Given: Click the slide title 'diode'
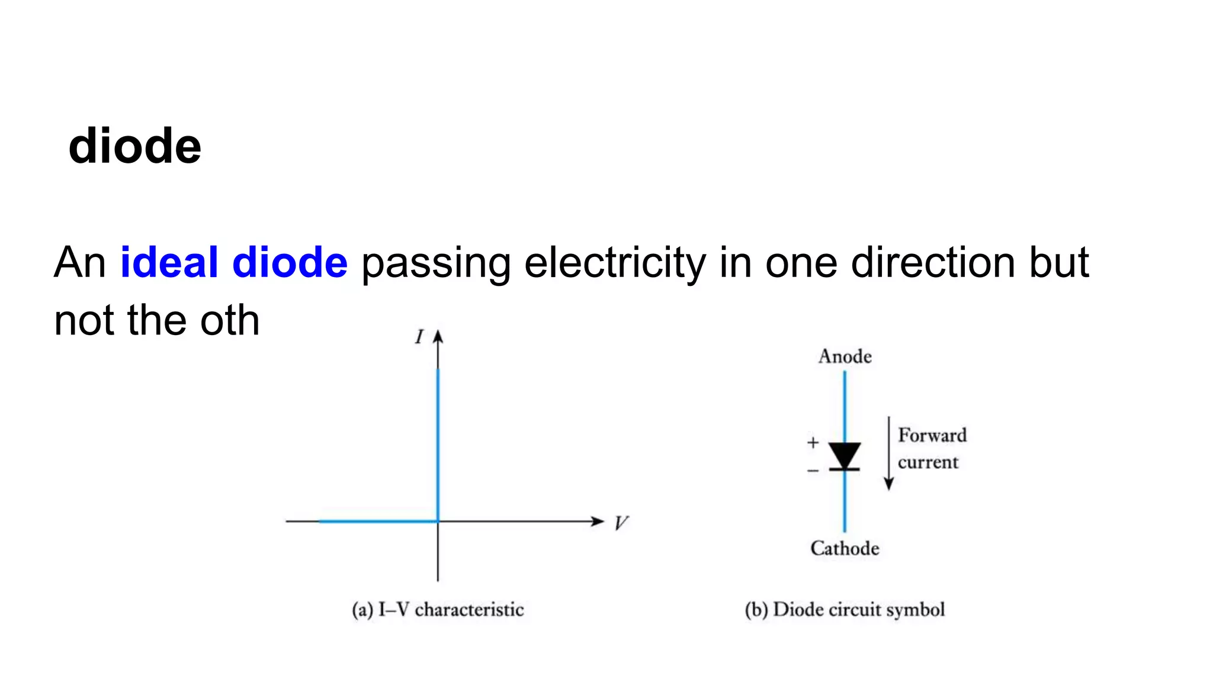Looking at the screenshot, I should click(135, 146).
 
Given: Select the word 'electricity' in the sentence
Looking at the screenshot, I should click(615, 262).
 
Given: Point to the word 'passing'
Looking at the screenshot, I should click(436, 263).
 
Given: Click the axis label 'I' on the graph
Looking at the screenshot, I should click(419, 337).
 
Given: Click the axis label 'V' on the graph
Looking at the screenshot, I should click(620, 523).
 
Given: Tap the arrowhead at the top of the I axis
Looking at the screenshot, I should click(438, 337).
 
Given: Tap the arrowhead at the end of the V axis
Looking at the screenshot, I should click(598, 521).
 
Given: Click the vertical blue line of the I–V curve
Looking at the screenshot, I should click(438, 444).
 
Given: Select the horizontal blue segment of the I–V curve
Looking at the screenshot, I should click(379, 521).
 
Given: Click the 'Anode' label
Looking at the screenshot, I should click(845, 356).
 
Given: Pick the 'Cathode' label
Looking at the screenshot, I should click(845, 548).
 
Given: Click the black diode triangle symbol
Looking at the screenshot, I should click(845, 455).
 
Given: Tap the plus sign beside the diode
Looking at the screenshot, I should click(813, 442).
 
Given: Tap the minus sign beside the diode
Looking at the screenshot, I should click(813, 471).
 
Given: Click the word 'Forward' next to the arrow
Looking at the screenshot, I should click(932, 435).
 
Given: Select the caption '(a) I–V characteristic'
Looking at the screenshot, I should click(438, 609).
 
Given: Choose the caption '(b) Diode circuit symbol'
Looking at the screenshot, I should click(845, 609).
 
